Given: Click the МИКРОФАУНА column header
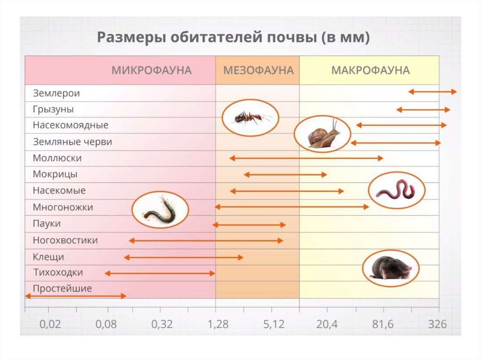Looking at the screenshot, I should [x=151, y=70].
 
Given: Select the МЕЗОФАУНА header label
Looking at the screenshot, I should [x=258, y=70].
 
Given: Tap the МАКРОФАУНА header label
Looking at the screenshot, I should [x=370, y=70].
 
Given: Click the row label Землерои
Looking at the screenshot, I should [x=56, y=93].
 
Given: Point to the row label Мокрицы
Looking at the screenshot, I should [x=55, y=174].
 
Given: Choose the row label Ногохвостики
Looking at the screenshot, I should [x=65, y=240].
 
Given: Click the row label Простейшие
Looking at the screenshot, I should [x=62, y=289].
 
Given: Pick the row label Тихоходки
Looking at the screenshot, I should [x=58, y=272].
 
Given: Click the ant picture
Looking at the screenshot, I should [x=250, y=118].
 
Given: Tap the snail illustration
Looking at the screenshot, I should [x=323, y=133].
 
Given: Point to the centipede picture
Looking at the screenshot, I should [x=160, y=210].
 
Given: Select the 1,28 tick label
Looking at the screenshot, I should [x=216, y=324].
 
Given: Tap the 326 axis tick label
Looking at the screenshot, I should [x=437, y=324].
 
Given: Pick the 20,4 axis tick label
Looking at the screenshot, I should [x=327, y=324].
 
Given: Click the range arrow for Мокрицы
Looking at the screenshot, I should [x=285, y=175].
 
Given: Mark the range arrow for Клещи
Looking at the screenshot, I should [x=184, y=257].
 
